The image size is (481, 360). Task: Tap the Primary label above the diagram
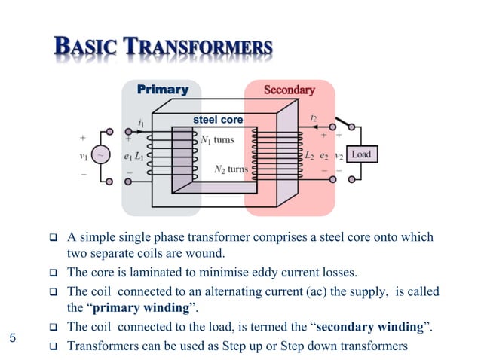click(x=162, y=90)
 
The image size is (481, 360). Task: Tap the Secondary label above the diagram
click(x=289, y=90)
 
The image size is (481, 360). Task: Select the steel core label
click(x=218, y=120)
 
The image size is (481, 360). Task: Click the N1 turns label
click(x=217, y=139)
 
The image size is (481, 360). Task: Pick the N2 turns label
click(x=229, y=169)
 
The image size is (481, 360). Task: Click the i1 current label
click(x=141, y=121)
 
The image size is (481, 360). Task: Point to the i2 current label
click(x=314, y=117)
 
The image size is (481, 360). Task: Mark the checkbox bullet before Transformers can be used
click(x=54, y=346)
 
